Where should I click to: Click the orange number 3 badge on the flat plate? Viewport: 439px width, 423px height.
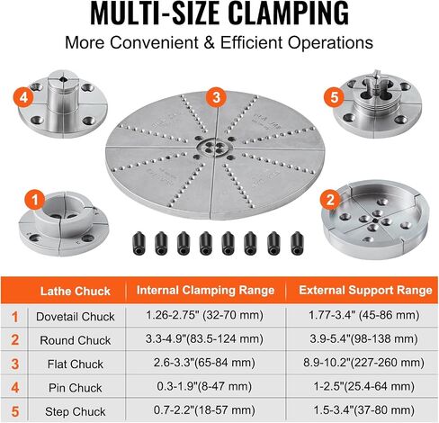[216, 98]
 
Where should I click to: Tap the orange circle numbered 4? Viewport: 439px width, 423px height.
[23, 97]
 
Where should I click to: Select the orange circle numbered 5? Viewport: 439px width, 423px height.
[334, 97]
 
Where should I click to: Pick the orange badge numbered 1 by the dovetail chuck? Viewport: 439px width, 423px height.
[35, 200]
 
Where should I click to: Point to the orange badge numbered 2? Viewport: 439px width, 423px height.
[330, 200]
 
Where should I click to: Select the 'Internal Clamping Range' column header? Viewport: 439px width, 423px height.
[205, 290]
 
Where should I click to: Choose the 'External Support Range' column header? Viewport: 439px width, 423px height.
[365, 290]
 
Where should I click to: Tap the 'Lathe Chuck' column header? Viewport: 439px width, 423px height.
[76, 291]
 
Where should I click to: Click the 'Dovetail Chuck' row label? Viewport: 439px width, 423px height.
[76, 317]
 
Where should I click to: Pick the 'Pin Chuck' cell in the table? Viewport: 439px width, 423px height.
[76, 388]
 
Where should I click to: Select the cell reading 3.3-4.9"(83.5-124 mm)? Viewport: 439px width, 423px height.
[204, 339]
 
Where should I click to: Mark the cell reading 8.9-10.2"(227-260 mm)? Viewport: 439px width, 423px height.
[363, 363]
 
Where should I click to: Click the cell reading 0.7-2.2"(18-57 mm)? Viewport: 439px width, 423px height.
[204, 410]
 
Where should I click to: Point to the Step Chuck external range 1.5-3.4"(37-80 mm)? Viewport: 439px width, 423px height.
[363, 410]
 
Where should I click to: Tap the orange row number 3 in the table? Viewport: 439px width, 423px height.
[15, 364]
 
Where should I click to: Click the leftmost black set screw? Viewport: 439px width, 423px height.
[139, 243]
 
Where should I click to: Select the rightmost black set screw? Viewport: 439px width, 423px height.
[297, 243]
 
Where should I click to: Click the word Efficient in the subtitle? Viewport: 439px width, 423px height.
[251, 42]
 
